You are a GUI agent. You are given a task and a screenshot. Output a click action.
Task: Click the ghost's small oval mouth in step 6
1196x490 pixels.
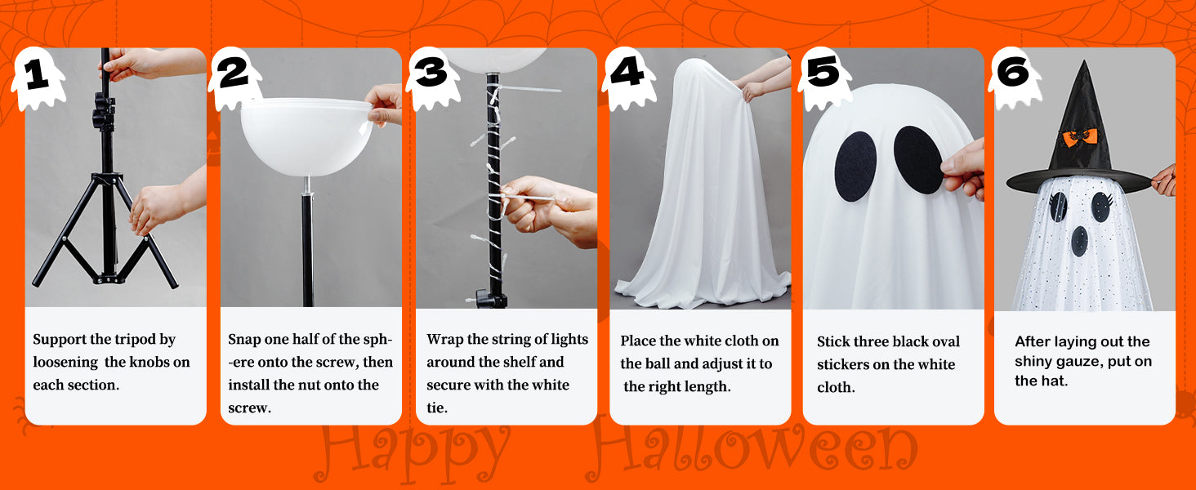pyautogui.click(x=1079, y=241)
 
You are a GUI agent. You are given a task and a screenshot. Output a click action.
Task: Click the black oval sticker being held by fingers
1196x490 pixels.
pyautogui.click(x=917, y=160)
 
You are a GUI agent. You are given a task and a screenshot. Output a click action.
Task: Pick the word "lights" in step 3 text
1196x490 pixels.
pyautogui.click(x=569, y=340)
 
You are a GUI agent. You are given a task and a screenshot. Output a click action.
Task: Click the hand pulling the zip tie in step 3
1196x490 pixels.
pyautogui.click(x=549, y=210)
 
